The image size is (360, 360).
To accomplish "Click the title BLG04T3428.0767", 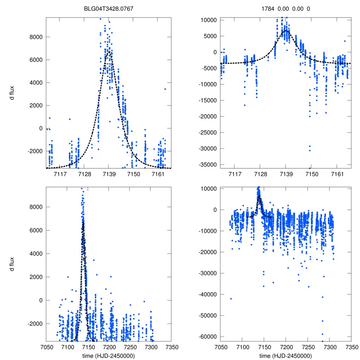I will [108, 8].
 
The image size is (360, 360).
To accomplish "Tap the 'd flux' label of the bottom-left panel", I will [12, 263].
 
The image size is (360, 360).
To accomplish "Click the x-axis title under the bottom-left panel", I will [108, 356].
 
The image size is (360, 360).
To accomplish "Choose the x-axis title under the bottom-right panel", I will [285, 356].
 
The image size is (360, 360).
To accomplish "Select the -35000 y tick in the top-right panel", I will [208, 165].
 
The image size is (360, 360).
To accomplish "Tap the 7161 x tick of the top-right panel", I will [337, 174].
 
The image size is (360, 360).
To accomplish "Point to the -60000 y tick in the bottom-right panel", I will [208, 336].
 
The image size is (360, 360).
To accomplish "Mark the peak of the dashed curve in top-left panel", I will [109, 52].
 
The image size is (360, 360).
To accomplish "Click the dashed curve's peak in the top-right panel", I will [285, 30].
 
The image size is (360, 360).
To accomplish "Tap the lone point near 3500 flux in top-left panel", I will [165, 89].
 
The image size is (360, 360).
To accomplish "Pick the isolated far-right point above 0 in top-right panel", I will [345, 41].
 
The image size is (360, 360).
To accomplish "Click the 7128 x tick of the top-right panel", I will [260, 174].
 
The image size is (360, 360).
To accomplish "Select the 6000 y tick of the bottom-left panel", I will [36, 230].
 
